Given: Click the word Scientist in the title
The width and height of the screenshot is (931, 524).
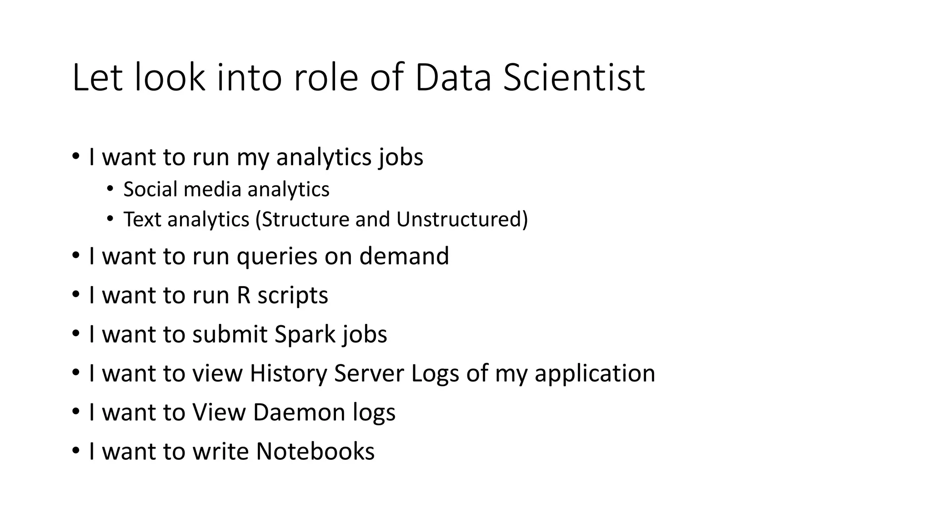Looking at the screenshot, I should click(574, 77).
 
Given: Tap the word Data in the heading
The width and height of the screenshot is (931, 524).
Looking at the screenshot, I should click(453, 77).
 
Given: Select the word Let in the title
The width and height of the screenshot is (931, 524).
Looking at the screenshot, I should click(97, 77).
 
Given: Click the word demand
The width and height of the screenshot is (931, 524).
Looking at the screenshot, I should click(404, 256).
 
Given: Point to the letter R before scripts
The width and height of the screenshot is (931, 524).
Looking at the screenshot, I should click(244, 295).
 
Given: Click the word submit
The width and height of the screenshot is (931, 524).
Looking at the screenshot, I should click(230, 334).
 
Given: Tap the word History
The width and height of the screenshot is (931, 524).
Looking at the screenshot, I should click(288, 373).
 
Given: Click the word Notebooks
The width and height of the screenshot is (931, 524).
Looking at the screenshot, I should click(315, 451).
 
